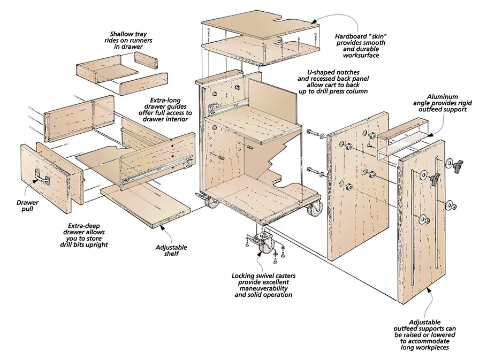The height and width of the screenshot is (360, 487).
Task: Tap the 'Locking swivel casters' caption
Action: [x=263, y=285]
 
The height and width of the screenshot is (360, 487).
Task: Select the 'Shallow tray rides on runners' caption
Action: [x=126, y=41]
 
